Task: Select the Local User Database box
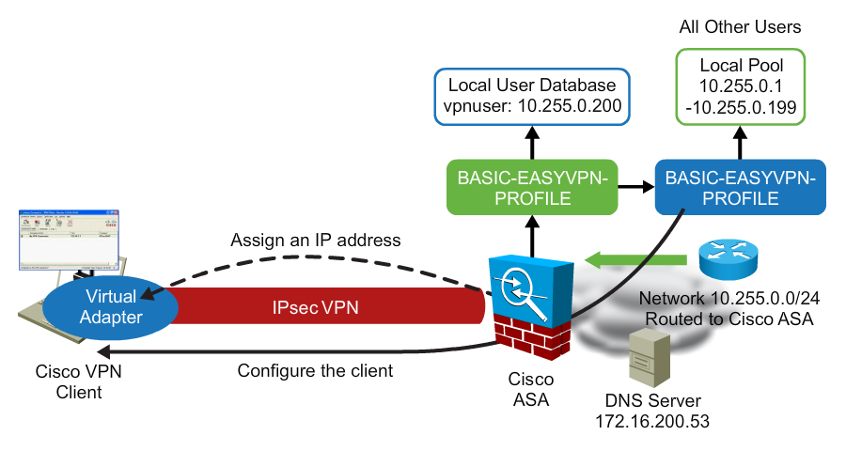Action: tap(531, 96)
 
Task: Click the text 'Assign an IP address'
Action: tap(316, 241)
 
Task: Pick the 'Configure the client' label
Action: tap(315, 370)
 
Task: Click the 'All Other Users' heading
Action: tap(740, 26)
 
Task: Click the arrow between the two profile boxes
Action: tap(634, 187)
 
